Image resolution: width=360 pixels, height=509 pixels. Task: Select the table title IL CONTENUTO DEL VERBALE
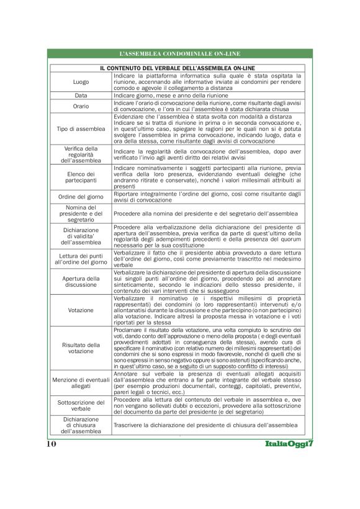179,67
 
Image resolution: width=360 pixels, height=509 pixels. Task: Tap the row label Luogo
81,81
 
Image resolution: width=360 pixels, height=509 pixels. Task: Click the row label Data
81,96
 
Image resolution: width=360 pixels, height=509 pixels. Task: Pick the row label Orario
81,106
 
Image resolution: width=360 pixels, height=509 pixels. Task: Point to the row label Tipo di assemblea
81,128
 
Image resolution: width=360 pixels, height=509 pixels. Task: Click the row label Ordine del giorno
81,196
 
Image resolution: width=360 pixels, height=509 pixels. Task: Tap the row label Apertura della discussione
81,282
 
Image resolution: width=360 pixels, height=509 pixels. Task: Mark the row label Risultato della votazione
81,348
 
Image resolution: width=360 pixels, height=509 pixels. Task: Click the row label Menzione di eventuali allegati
81,382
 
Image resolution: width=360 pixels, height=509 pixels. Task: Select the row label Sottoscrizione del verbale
81,406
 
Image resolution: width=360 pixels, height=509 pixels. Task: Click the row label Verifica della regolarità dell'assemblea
81,155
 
